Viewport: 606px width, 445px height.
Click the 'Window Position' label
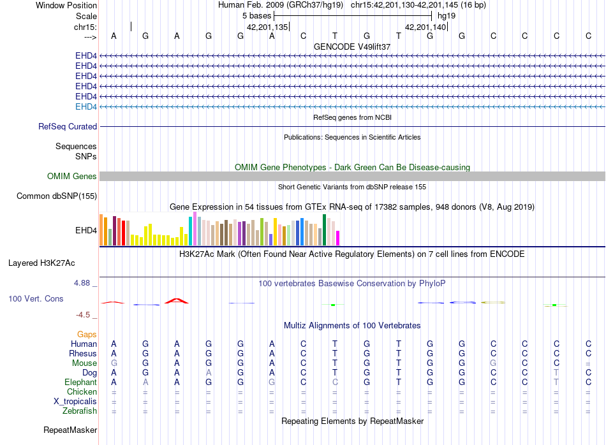point(66,5)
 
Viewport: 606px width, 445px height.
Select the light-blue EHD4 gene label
point(86,106)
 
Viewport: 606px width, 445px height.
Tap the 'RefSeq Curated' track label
point(68,127)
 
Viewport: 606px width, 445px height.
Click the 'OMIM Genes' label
point(71,176)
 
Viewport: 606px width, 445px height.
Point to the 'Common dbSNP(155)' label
point(57,196)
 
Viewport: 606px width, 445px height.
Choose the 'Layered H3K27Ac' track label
point(41,263)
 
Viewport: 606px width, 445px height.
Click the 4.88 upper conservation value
point(82,283)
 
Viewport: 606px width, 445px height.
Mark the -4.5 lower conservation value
point(83,315)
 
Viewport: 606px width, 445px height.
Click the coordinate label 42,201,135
point(267,27)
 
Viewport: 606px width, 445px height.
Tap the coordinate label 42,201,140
point(425,27)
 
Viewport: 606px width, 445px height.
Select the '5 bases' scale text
point(256,16)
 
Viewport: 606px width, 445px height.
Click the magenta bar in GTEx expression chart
point(338,238)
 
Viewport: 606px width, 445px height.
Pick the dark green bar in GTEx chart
point(324,230)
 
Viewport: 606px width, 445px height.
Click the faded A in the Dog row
point(209,372)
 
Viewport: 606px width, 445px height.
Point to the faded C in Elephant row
point(335,382)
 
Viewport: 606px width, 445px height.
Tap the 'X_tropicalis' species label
point(75,402)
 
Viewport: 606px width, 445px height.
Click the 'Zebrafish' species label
point(80,411)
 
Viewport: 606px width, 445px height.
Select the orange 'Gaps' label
point(87,334)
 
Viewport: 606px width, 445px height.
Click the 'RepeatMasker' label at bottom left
point(70,430)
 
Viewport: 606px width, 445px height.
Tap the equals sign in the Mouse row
point(588,363)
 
